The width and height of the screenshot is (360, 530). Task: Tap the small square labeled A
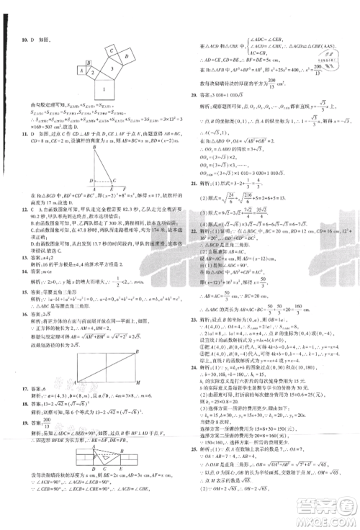pyautogui.click(x=81, y=71)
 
